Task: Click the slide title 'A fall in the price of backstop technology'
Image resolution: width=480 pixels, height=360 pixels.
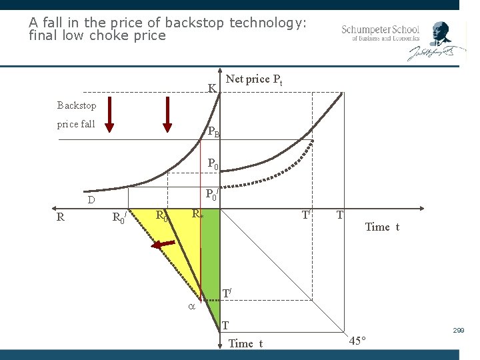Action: (x=167, y=23)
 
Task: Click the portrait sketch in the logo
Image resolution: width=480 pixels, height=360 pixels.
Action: (x=440, y=33)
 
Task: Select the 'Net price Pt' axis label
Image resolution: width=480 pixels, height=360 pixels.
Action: (x=254, y=79)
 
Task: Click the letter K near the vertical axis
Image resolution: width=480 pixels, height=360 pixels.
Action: (x=211, y=88)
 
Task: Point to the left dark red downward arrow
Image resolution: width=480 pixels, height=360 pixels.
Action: (x=110, y=115)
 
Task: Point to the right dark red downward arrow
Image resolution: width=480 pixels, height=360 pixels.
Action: (x=167, y=115)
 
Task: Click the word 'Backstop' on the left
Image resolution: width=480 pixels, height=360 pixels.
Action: (x=77, y=105)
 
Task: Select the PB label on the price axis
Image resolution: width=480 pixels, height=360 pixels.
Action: (x=213, y=132)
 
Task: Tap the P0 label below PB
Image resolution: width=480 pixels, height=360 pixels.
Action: (x=213, y=163)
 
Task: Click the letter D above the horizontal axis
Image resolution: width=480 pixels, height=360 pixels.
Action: (x=91, y=199)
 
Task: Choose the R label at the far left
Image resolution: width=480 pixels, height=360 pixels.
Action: (x=61, y=216)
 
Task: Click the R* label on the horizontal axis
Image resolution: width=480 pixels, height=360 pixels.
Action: (x=197, y=214)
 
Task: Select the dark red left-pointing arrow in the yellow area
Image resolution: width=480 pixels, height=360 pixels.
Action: (x=161, y=245)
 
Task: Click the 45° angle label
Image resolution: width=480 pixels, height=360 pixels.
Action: (x=357, y=341)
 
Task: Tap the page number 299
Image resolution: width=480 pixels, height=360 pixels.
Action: (x=459, y=331)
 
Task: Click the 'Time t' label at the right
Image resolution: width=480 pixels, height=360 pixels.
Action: (x=382, y=227)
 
